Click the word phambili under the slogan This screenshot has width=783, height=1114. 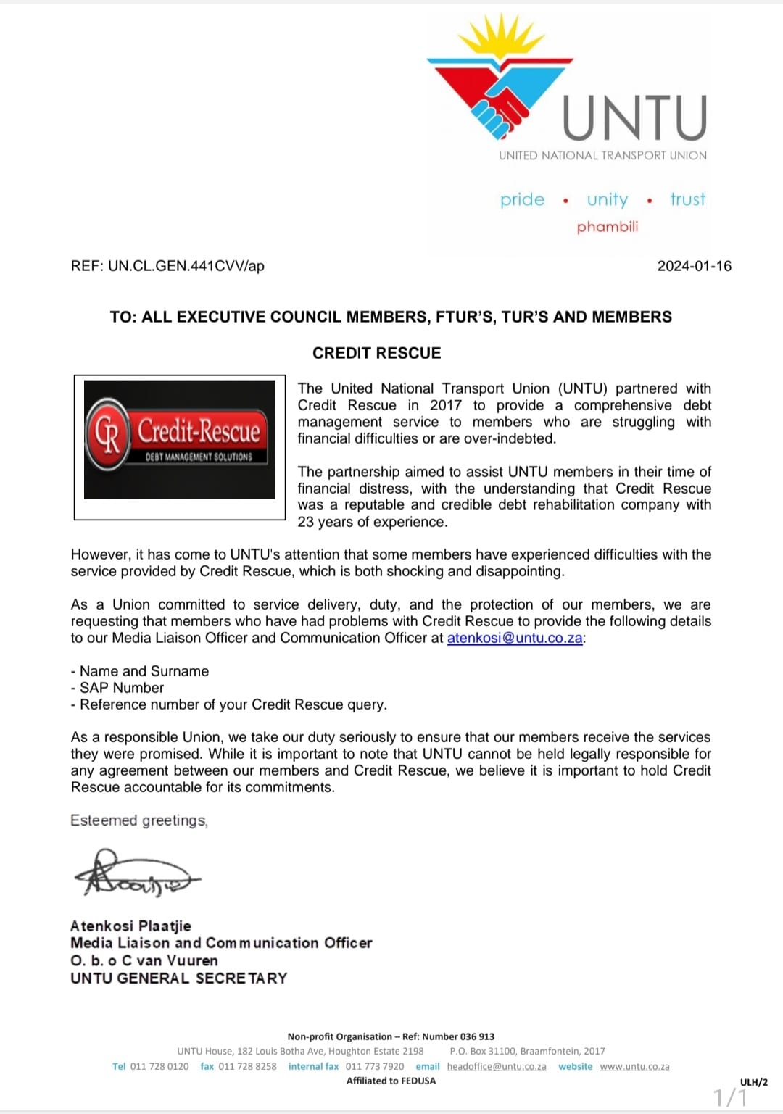point(608,227)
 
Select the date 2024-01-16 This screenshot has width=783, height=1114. point(694,266)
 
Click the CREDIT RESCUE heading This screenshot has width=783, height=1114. point(376,353)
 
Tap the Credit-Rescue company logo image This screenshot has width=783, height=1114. point(180,440)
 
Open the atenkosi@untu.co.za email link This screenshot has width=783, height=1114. point(515,638)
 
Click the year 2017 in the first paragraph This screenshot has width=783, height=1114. point(445,405)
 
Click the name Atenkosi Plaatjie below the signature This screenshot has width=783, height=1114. point(130,926)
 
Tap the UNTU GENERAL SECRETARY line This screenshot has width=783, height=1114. point(178,978)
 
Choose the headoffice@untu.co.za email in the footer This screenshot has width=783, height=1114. point(497,1066)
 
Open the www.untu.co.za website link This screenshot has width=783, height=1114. point(634,1066)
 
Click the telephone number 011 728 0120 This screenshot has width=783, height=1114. point(159,1066)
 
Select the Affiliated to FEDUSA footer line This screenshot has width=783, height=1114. point(391,1081)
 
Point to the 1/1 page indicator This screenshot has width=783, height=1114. point(729,1097)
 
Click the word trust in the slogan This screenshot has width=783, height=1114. point(687,199)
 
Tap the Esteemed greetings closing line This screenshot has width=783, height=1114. point(138,820)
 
